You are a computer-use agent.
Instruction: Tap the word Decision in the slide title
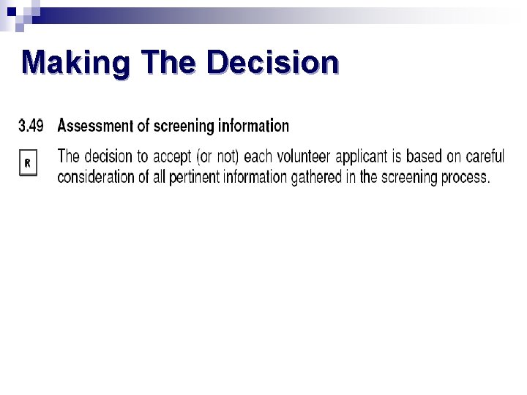coord(273,64)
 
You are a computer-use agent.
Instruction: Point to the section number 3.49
coord(31,126)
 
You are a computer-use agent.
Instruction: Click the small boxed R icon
coord(26,163)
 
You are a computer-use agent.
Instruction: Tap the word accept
coord(173,157)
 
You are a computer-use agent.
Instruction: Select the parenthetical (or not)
coord(219,157)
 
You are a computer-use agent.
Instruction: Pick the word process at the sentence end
coord(463,177)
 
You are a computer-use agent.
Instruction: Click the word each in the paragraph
coord(258,157)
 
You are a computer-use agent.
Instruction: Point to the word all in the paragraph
coord(160,177)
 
